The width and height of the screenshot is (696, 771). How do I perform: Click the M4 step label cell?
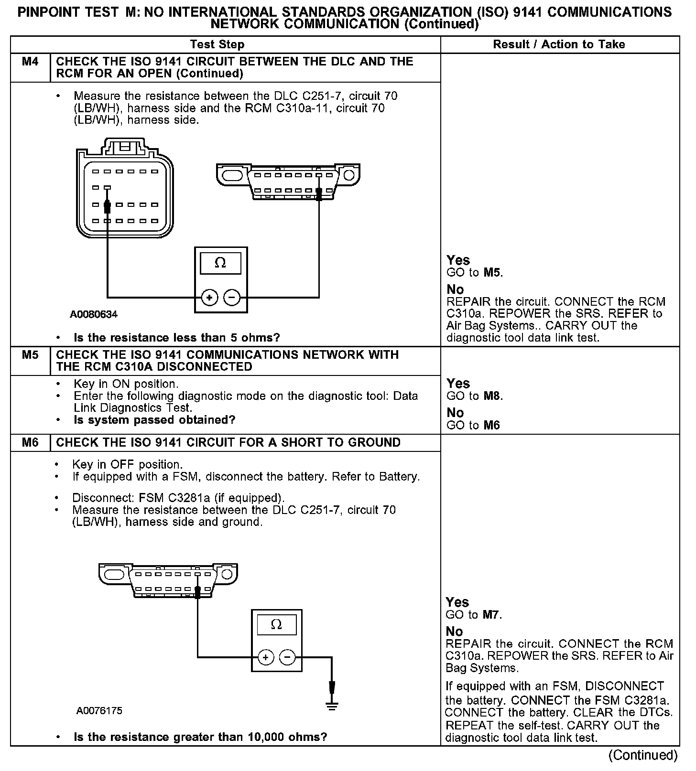pyautogui.click(x=30, y=62)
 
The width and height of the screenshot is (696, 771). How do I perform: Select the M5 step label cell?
pyautogui.click(x=30, y=355)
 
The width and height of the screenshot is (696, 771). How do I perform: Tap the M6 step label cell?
pyautogui.click(x=30, y=443)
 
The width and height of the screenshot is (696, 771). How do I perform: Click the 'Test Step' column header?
pyautogui.click(x=217, y=44)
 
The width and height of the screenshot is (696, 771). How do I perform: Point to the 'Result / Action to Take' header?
pyautogui.click(x=559, y=44)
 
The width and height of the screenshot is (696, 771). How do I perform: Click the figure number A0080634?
pyautogui.click(x=94, y=314)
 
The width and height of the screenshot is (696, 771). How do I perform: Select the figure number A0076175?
pyautogui.click(x=99, y=711)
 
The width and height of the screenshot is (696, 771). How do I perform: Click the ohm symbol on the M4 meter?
pyautogui.click(x=220, y=263)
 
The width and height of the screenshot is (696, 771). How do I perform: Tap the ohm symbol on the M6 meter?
pyautogui.click(x=276, y=625)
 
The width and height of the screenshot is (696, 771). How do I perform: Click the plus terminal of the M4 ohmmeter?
pyautogui.click(x=209, y=298)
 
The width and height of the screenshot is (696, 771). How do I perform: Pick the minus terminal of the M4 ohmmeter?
pyautogui.click(x=232, y=298)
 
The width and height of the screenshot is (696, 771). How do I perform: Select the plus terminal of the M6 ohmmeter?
pyautogui.click(x=265, y=658)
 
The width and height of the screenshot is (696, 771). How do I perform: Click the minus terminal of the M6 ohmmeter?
pyautogui.click(x=287, y=658)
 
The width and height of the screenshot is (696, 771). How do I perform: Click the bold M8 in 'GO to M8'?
pyautogui.click(x=493, y=396)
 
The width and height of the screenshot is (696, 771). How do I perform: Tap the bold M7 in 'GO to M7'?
pyautogui.click(x=492, y=615)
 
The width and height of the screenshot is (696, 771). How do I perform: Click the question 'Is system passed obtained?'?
pyautogui.click(x=154, y=420)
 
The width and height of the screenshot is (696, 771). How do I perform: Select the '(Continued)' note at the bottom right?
pyautogui.click(x=643, y=755)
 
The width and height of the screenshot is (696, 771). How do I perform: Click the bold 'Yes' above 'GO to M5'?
pyautogui.click(x=458, y=260)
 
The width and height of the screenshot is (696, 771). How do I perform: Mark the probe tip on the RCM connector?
pyautogui.click(x=108, y=206)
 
